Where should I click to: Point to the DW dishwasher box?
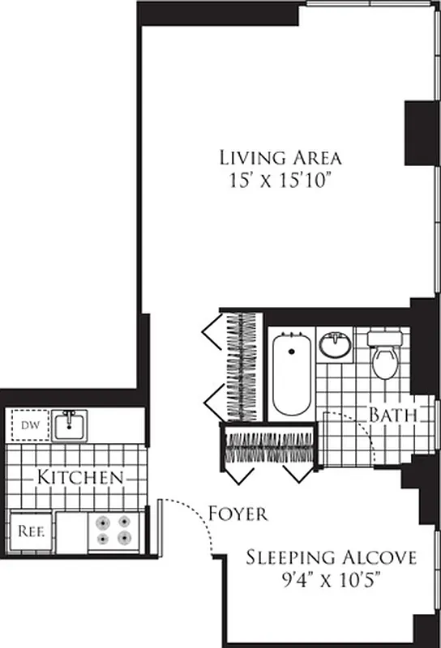point(29,424)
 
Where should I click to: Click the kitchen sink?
point(71,424)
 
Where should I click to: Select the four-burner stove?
point(113,530)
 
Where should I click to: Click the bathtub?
point(292,373)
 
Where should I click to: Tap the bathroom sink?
point(334,346)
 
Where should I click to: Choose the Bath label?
point(393,416)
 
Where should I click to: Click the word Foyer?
point(238,514)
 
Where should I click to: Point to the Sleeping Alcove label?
point(332,557)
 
